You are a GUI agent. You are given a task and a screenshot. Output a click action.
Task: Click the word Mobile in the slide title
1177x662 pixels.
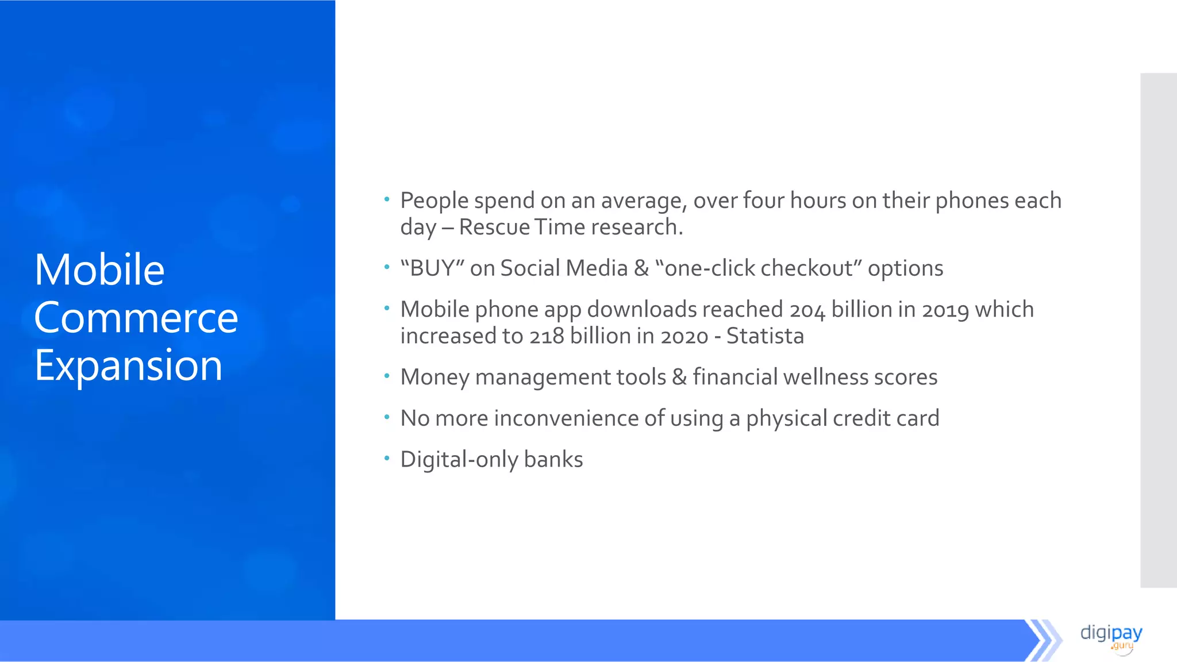click(99, 270)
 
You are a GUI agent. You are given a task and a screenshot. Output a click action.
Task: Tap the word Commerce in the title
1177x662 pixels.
click(136, 317)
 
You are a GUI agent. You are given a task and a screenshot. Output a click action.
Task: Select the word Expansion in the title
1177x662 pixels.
click(128, 365)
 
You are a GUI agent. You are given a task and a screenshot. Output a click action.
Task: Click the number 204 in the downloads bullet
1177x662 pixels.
click(807, 310)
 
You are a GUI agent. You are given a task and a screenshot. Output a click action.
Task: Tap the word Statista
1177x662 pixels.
click(765, 336)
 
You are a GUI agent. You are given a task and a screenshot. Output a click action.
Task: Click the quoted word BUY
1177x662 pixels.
click(432, 268)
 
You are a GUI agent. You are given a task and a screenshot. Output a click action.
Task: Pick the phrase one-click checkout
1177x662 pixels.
click(758, 268)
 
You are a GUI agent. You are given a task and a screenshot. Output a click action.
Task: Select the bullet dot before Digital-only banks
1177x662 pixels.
click(387, 459)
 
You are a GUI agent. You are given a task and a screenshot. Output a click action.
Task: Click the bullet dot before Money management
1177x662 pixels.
click(387, 376)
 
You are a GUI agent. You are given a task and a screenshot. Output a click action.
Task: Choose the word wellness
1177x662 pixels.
click(825, 377)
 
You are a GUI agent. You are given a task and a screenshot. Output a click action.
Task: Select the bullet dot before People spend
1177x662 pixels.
click(387, 200)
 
